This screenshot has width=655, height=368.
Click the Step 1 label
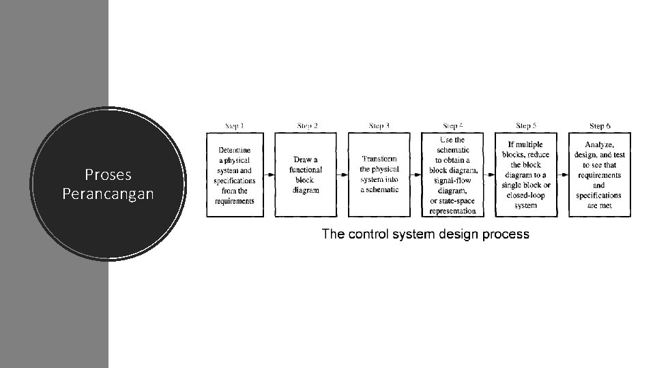(235, 126)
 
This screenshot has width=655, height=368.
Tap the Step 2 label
(308, 126)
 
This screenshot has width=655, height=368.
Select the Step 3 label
(379, 126)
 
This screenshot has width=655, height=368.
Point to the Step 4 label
(453, 126)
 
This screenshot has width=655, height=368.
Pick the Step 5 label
(525, 126)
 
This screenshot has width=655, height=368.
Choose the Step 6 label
(600, 126)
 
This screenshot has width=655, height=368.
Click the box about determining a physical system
(235, 175)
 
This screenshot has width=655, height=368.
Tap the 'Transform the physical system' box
(380, 175)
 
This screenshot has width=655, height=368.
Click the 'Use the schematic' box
(453, 175)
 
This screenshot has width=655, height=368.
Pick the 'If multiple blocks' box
(526, 175)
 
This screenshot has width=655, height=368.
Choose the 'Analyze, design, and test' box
(600, 175)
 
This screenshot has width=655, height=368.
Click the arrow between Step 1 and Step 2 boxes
(269, 175)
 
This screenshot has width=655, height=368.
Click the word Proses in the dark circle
(108, 175)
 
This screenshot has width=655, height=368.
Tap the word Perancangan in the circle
(108, 194)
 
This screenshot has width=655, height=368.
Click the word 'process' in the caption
(506, 234)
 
